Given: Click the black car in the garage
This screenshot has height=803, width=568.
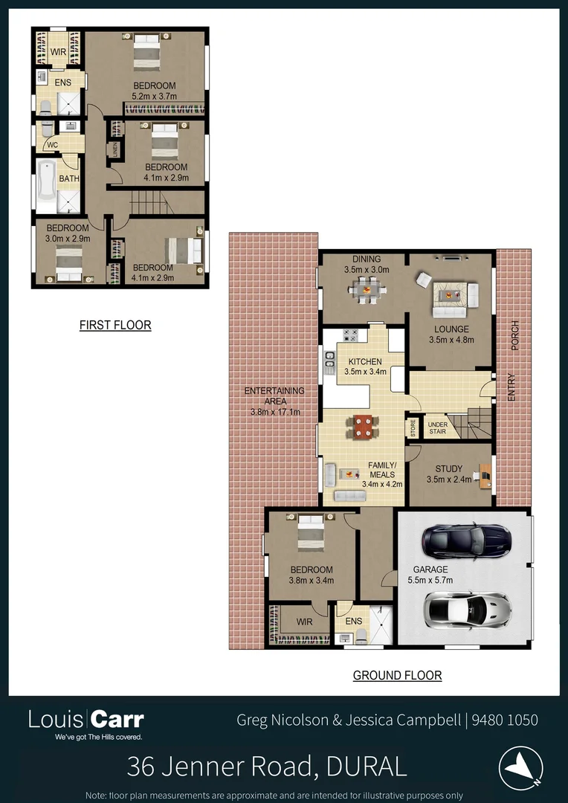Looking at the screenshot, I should [466, 541].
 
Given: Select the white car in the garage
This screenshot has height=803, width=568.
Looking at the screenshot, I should [467, 610].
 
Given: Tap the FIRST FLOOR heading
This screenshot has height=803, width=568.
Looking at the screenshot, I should [115, 325].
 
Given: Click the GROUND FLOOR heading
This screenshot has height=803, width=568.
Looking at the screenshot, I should [397, 675].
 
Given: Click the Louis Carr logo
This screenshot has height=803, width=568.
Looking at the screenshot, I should [86, 720].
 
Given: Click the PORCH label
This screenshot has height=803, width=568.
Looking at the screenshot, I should [514, 336].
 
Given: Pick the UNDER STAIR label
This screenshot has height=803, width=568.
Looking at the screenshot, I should [438, 429].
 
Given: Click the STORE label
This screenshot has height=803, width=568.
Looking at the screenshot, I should [413, 429].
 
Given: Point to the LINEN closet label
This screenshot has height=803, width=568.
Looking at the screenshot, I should [116, 149].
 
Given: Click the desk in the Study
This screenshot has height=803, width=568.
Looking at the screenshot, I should [485, 476].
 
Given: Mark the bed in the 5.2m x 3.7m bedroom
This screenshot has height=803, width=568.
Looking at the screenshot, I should [146, 53].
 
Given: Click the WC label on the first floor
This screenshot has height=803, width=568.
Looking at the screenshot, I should [52, 145].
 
